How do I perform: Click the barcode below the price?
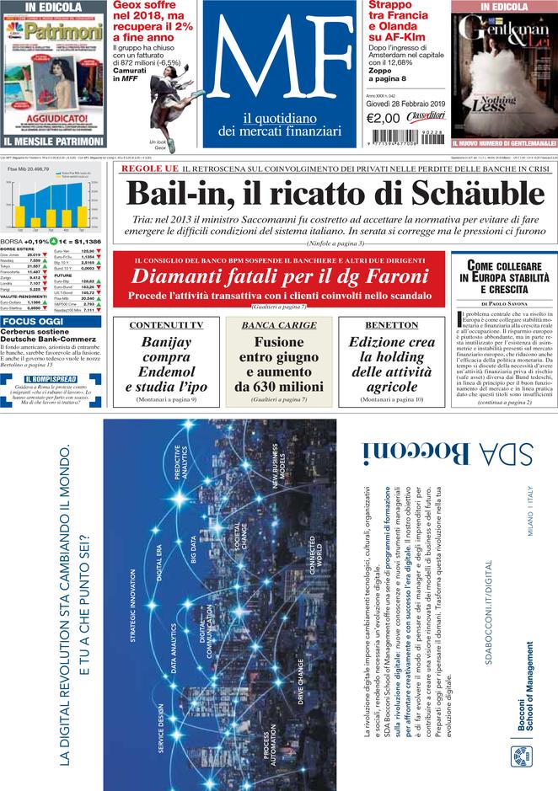(x=401, y=136)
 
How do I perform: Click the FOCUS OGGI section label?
(x=33, y=321)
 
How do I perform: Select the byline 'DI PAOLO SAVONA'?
(x=504, y=303)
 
